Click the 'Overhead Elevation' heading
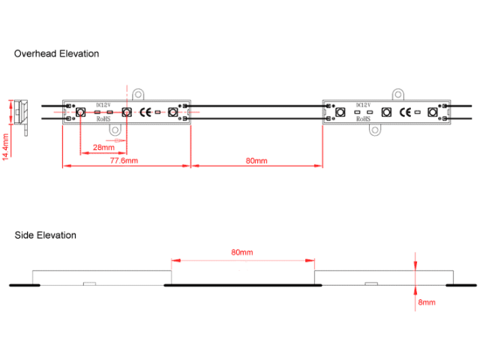click(57, 54)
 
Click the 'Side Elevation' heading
click(46, 235)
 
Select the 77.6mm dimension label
click(124, 161)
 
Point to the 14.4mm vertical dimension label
click(6, 146)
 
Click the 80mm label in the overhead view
click(256, 161)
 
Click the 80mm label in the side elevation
click(242, 253)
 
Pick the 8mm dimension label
click(427, 302)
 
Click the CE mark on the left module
click(148, 112)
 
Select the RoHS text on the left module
click(104, 119)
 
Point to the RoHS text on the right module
click(363, 119)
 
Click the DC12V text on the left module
click(104, 106)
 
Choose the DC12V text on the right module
click(363, 106)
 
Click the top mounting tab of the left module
click(139, 94)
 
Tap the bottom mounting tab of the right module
click(375, 130)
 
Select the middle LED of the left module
click(127, 112)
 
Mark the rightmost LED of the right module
click(432, 112)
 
